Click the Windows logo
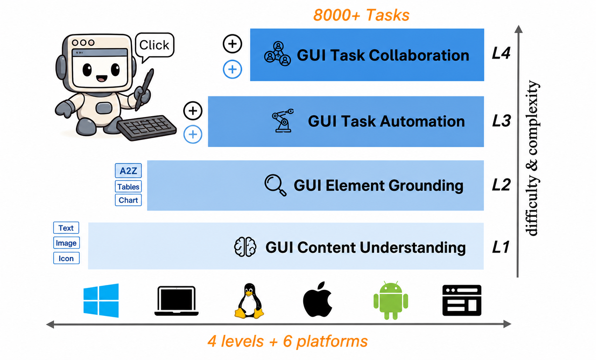[101, 301]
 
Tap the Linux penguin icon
[249, 301]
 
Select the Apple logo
[318, 299]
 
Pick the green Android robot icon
[391, 300]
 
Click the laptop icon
[176, 301]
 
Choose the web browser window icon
[462, 301]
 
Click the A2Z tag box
[128, 171]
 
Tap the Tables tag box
[128, 186]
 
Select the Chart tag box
[128, 200]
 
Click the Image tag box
[66, 243]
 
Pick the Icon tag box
[66, 258]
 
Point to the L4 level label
[501, 53]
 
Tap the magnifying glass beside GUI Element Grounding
[275, 185]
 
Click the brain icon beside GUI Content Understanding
[245, 247]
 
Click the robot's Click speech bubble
[154, 46]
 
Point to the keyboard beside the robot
[147, 127]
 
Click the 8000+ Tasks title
[361, 15]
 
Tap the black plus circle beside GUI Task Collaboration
[232, 44]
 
